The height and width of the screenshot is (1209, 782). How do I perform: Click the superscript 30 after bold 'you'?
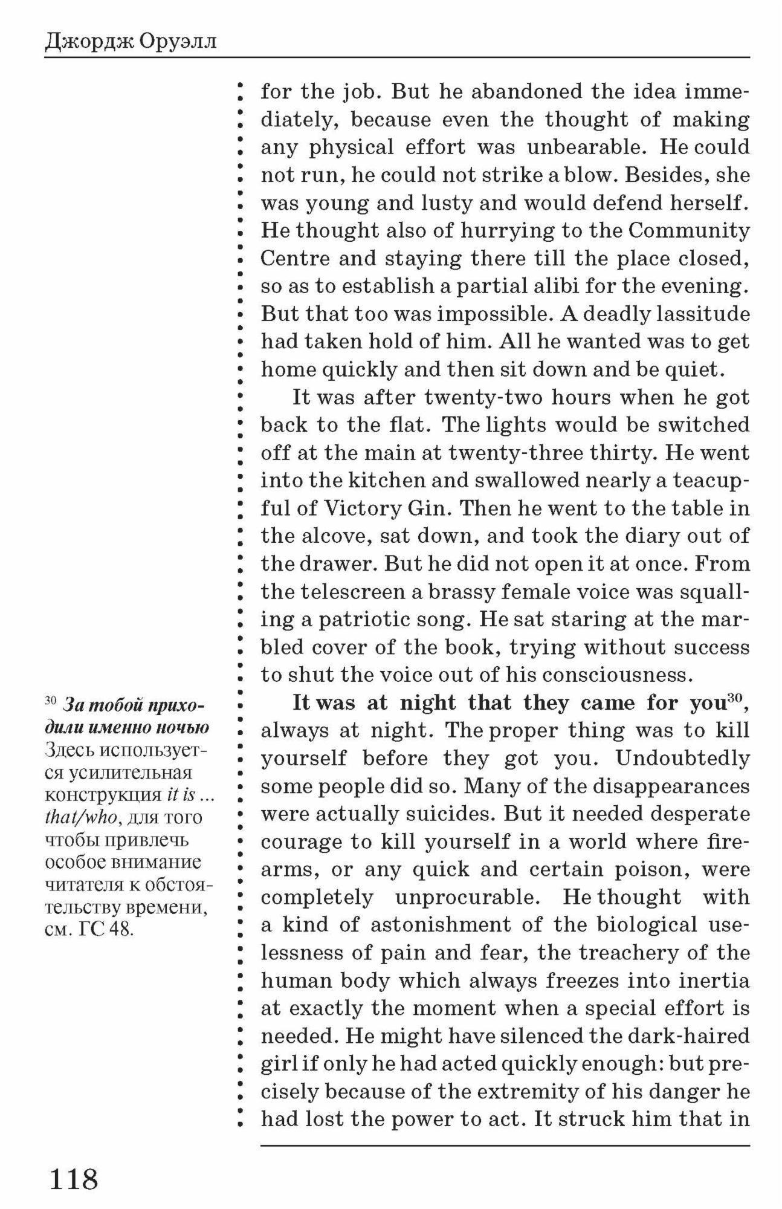click(x=734, y=698)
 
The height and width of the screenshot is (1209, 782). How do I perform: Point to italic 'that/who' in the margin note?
click(x=81, y=818)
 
